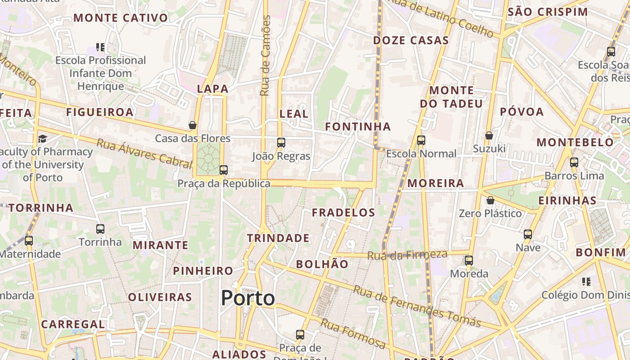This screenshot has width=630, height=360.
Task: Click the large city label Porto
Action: click(x=248, y=298)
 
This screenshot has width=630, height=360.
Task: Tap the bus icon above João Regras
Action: click(x=281, y=143)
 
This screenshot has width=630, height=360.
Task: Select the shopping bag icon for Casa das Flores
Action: click(x=193, y=125)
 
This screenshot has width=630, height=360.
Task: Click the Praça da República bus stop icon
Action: click(x=224, y=170)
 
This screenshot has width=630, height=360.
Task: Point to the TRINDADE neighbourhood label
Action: click(x=278, y=238)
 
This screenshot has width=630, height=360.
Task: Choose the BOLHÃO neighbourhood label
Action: click(x=322, y=264)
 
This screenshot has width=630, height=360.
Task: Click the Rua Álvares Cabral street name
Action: click(x=144, y=154)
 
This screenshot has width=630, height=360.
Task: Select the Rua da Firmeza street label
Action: click(x=407, y=255)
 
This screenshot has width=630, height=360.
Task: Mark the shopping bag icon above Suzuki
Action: click(x=489, y=135)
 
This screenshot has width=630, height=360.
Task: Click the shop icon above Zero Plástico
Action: click(x=490, y=200)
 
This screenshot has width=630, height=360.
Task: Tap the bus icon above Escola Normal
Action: click(x=421, y=140)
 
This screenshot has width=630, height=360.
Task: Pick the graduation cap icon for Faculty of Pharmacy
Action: click(x=42, y=139)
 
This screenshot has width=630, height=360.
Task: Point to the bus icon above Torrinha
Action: click(x=100, y=229)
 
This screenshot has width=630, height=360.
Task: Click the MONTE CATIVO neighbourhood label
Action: click(x=121, y=18)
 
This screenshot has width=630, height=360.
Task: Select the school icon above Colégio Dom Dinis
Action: click(x=586, y=282)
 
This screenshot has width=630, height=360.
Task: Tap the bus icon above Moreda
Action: click(x=469, y=261)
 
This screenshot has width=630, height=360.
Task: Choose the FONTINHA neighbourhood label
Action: click(x=358, y=127)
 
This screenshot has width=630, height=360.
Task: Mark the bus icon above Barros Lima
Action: click(x=574, y=162)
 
